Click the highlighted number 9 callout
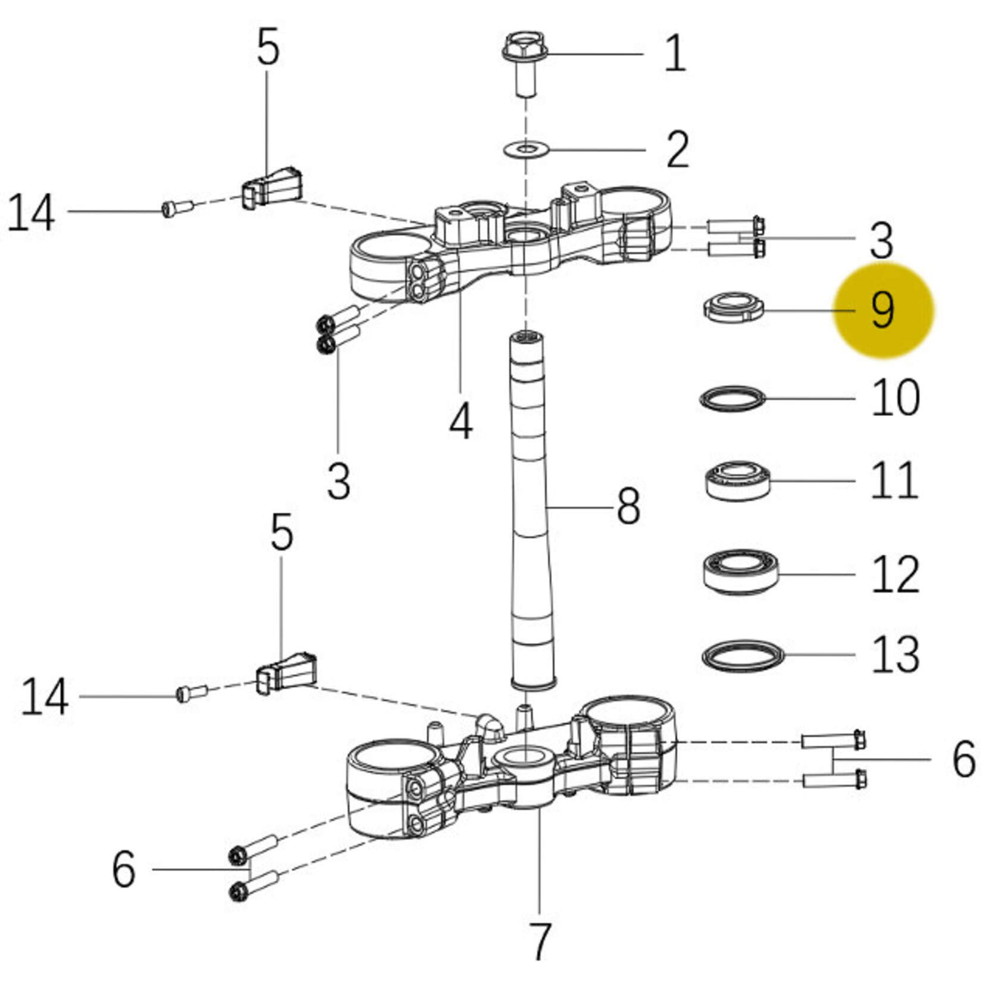[x=882, y=310]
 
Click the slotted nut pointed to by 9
[x=733, y=307]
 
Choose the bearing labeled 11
[x=737, y=480]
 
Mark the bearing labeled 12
[x=740, y=572]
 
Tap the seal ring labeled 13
[x=743, y=656]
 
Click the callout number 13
[x=895, y=654]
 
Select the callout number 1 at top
[x=674, y=54]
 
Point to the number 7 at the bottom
[x=539, y=941]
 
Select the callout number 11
[x=894, y=480]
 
